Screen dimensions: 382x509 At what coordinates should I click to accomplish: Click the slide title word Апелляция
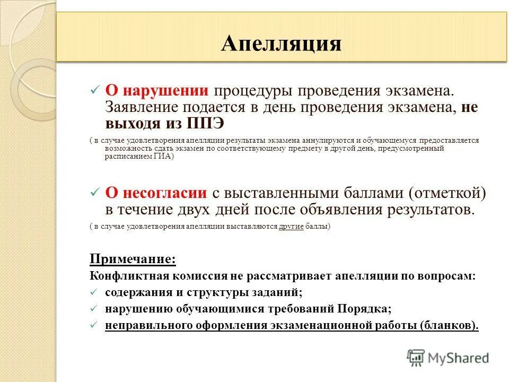click(282, 43)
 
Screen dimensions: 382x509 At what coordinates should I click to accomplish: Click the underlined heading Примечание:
click(133, 259)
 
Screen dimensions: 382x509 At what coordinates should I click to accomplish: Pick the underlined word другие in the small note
click(291, 227)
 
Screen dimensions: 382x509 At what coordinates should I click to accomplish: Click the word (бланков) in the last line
click(449, 325)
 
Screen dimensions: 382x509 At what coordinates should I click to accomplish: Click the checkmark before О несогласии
click(94, 192)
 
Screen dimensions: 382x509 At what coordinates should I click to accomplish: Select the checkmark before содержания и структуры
click(94, 292)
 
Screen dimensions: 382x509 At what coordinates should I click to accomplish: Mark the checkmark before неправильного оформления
click(94, 325)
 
